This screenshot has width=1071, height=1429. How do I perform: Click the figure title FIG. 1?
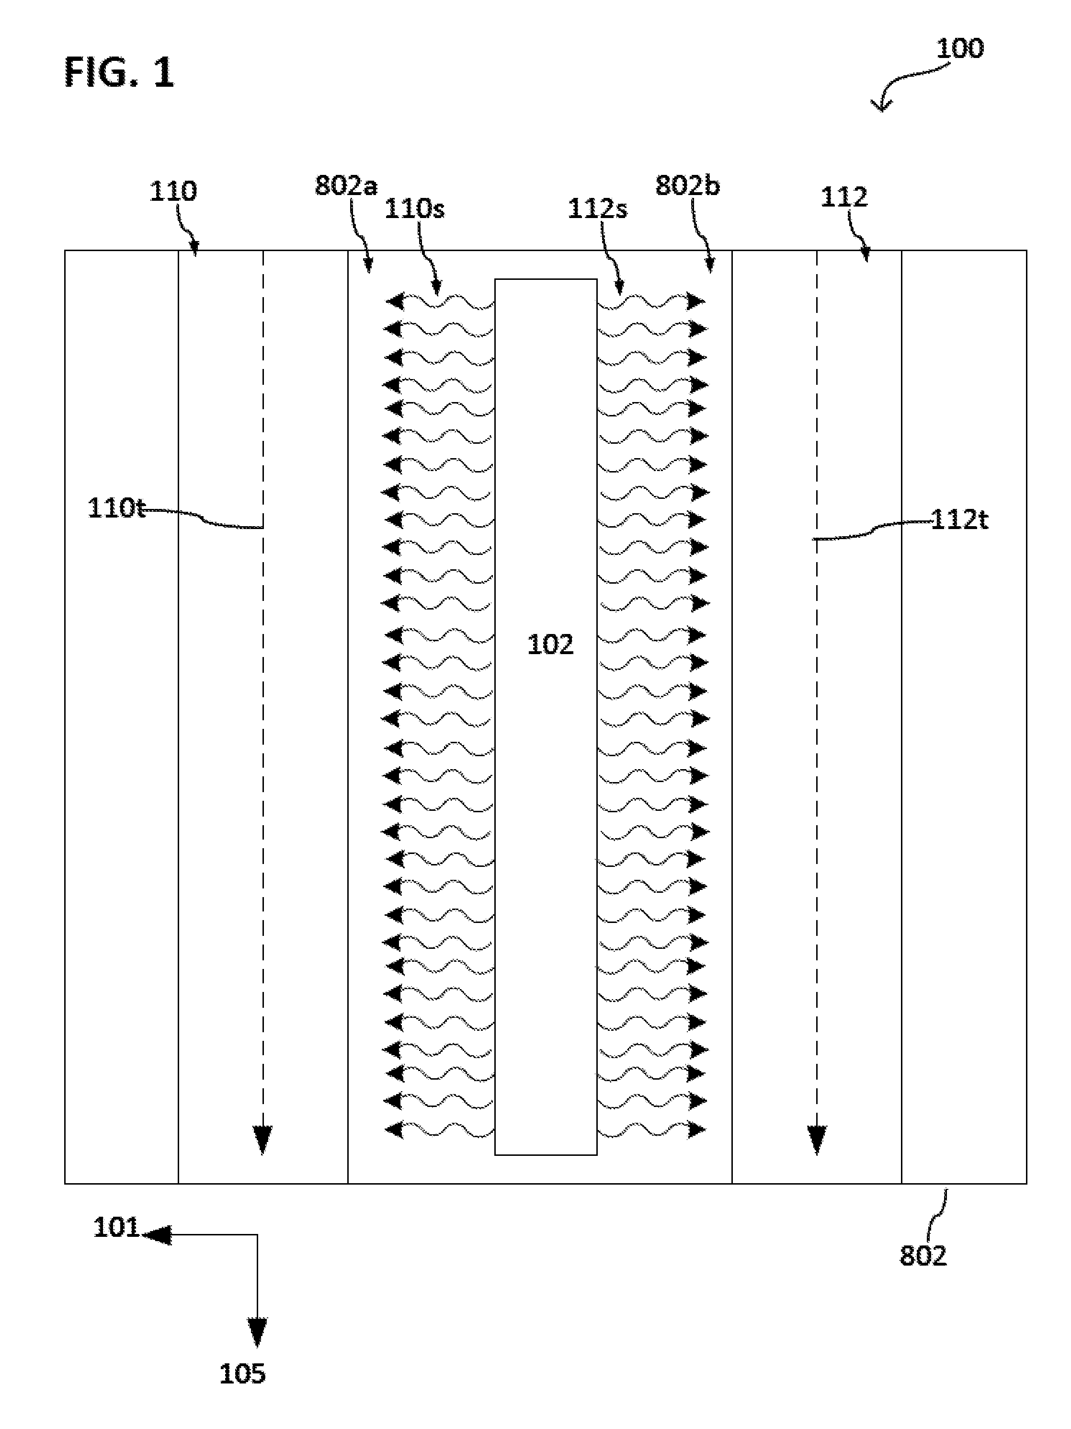[x=119, y=72]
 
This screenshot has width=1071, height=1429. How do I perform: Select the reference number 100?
[x=959, y=48]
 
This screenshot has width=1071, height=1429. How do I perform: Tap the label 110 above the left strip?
[x=173, y=191]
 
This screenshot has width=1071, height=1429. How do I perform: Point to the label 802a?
[x=346, y=185]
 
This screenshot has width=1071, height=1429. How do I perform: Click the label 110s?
[x=414, y=208]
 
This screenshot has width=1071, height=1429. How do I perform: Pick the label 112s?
[x=597, y=208]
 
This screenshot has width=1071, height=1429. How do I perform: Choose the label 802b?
[x=687, y=185]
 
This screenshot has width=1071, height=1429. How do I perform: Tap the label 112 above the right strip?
[x=844, y=196]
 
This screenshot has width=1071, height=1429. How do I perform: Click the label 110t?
[x=116, y=508]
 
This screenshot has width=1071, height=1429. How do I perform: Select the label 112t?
[x=959, y=519]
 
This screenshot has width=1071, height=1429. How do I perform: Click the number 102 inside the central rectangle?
[x=550, y=645]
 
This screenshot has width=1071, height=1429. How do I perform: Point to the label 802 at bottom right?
[x=923, y=1255]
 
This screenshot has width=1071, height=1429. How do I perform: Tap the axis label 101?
[x=116, y=1227]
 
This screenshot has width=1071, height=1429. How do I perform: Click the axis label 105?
[x=243, y=1374]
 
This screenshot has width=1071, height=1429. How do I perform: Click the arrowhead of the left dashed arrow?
[x=262, y=1140]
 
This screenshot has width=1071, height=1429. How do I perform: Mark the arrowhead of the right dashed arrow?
[x=817, y=1140]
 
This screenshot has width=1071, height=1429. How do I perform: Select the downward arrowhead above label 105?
[x=257, y=1333]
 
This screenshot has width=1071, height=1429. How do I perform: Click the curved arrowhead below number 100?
[x=880, y=104]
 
